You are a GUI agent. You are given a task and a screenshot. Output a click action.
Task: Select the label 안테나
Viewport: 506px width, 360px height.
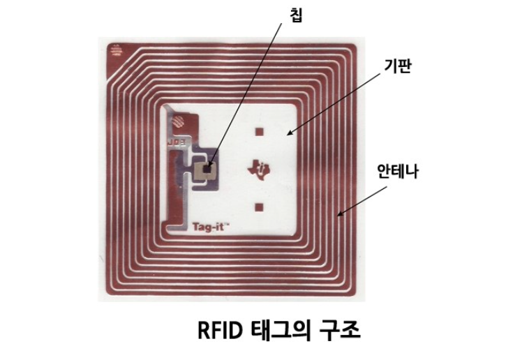(397, 170)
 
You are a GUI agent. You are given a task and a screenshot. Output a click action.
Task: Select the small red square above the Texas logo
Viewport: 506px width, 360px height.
(259, 131)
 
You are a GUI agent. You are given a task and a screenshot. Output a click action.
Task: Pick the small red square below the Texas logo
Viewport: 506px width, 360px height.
(259, 206)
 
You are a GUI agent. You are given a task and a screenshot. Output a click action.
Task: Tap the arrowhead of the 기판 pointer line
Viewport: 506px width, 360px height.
(289, 133)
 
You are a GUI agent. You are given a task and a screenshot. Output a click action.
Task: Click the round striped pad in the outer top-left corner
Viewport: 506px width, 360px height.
(114, 50)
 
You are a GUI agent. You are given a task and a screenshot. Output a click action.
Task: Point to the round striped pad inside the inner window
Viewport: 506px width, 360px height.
(177, 121)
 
